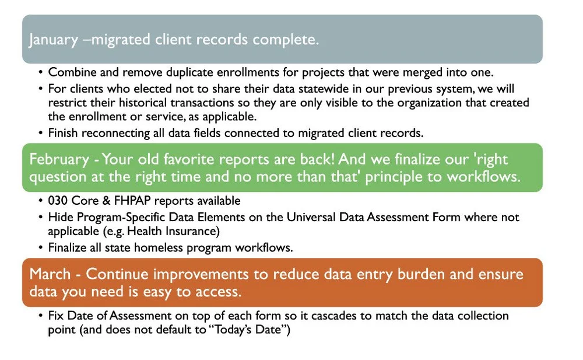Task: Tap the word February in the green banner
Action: point(57,159)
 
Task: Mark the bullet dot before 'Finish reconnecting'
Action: point(40,133)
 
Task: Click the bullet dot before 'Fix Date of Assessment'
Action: point(40,316)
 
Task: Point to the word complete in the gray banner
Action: point(286,40)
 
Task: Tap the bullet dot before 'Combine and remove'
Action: point(40,73)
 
